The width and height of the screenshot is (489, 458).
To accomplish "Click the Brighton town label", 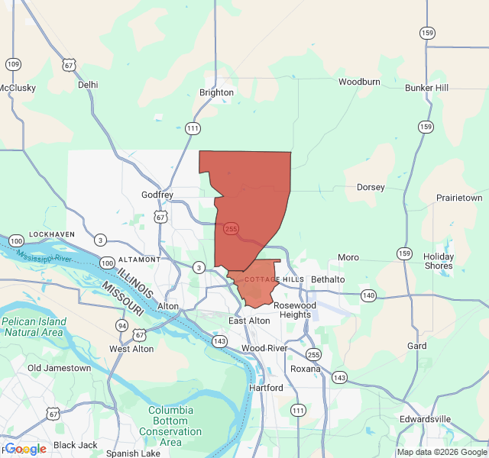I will [x=216, y=92].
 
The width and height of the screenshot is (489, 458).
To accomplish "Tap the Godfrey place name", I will [x=157, y=195].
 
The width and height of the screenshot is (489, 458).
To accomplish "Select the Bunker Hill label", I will [x=426, y=88].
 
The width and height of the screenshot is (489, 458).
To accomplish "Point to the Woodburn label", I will [x=359, y=82].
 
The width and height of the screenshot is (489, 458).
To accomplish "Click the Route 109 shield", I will [x=12, y=64].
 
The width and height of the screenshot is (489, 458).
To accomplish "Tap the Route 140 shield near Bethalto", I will [x=369, y=295].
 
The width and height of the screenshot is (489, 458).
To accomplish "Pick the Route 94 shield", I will [x=121, y=326].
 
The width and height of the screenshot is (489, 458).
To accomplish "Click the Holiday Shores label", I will [x=439, y=261].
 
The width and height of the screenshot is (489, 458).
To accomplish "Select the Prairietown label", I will [x=459, y=198].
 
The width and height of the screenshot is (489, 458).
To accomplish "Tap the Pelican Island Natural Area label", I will [x=34, y=327].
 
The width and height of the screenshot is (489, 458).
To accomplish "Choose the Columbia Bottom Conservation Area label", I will [x=171, y=426].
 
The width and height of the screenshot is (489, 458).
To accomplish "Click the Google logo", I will [x=25, y=449].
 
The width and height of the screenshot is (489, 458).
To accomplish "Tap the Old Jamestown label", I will [x=59, y=368].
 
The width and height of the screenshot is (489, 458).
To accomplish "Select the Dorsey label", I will [x=371, y=187].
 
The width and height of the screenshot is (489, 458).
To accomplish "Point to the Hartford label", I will [x=266, y=388].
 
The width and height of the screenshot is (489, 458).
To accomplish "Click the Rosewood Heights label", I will [x=295, y=310].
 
